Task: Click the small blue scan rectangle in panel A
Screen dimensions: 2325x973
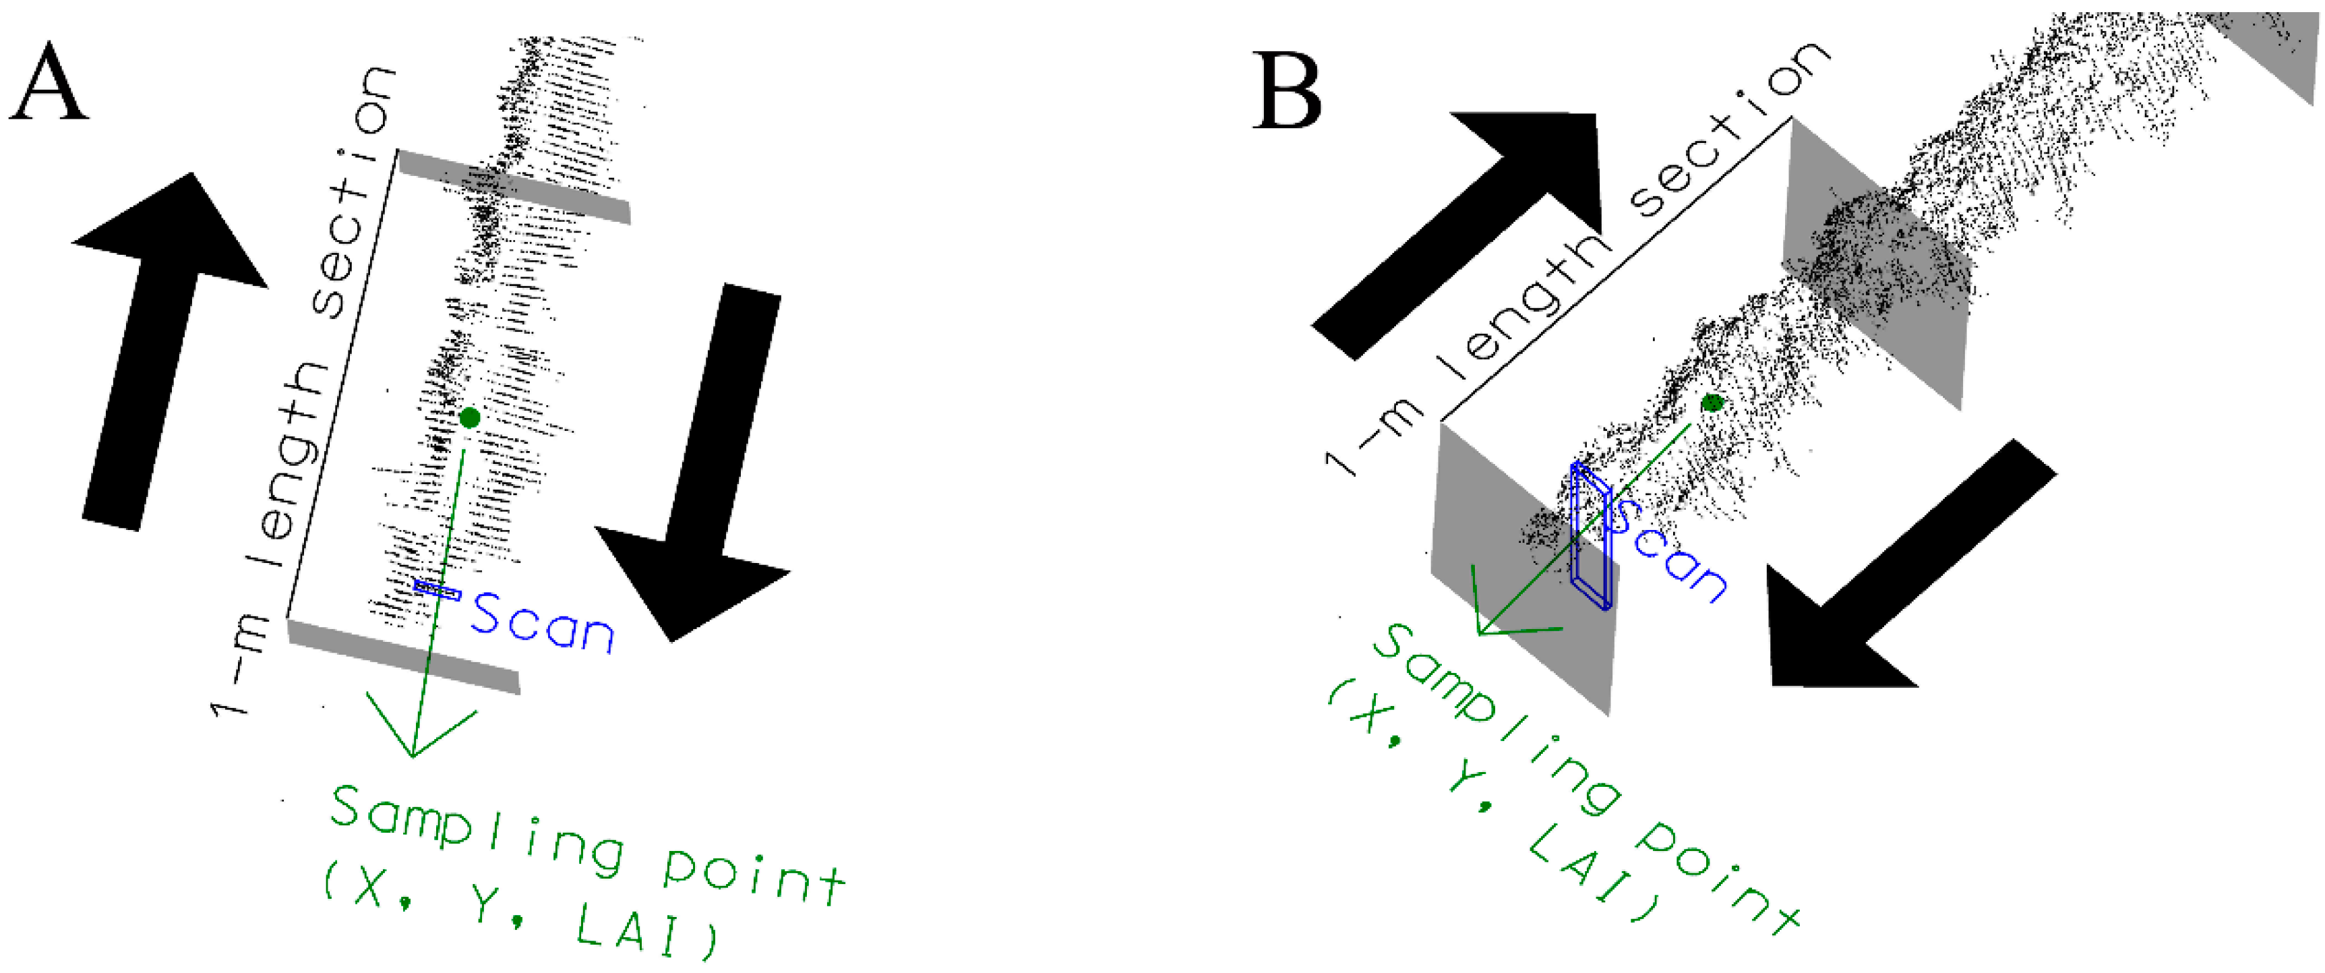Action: [x=437, y=590]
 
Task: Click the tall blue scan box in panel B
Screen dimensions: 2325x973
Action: [x=1590, y=537]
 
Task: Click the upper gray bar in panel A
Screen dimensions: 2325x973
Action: [x=514, y=187]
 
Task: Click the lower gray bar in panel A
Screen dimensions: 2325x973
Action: [x=403, y=656]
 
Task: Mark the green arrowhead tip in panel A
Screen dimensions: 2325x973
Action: [x=413, y=755]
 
